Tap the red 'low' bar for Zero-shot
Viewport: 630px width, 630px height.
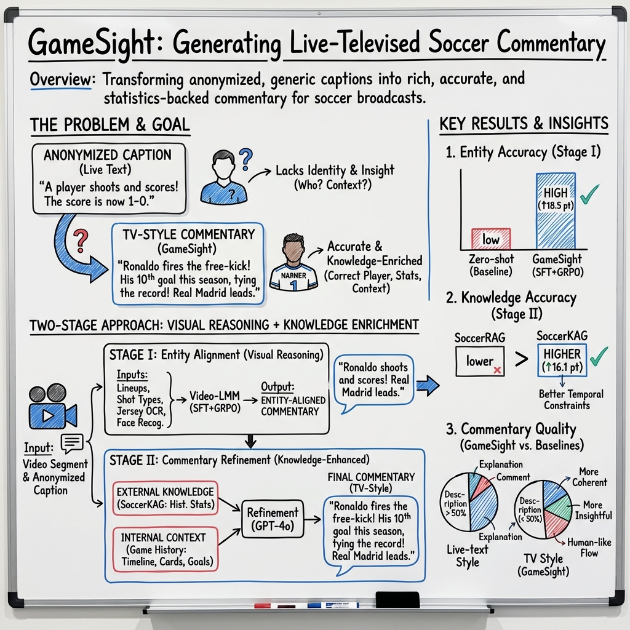(491, 239)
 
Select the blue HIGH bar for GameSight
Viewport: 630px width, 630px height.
(555, 211)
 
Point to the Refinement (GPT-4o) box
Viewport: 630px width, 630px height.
(272, 518)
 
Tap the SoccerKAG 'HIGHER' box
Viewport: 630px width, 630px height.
(562, 361)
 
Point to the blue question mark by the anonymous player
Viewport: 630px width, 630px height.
(245, 159)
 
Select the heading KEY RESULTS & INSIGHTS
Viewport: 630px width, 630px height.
(524, 124)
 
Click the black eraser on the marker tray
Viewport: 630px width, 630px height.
(397, 599)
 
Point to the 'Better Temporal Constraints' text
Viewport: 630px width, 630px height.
(570, 399)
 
